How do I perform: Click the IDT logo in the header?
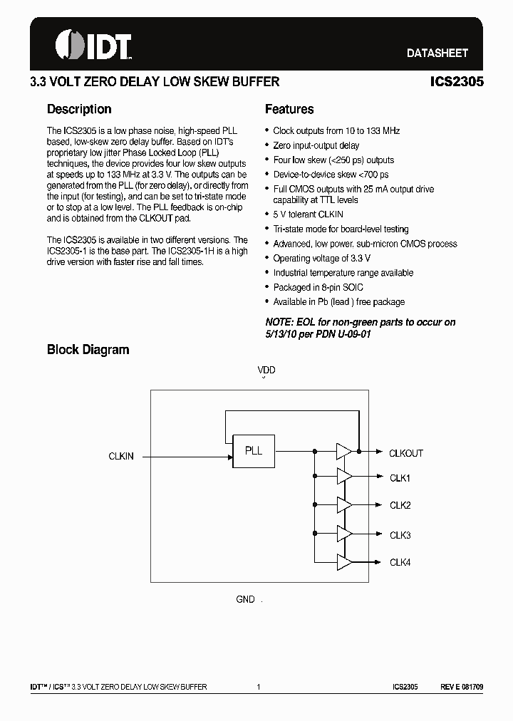93,45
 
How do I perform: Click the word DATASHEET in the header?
437,53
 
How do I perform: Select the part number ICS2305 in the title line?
457,82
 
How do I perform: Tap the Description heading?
79,109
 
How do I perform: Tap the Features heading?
289,109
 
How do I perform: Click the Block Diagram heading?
88,350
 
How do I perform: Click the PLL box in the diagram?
254,451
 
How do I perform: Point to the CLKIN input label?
121,456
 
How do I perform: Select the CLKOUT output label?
406,453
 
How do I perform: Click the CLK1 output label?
400,478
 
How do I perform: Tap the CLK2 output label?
400,506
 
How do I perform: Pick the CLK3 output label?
400,535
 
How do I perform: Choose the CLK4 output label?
400,563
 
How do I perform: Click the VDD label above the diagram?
266,370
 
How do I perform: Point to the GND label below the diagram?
246,600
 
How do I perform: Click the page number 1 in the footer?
259,687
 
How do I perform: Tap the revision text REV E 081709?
462,687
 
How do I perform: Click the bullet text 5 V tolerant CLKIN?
309,214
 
